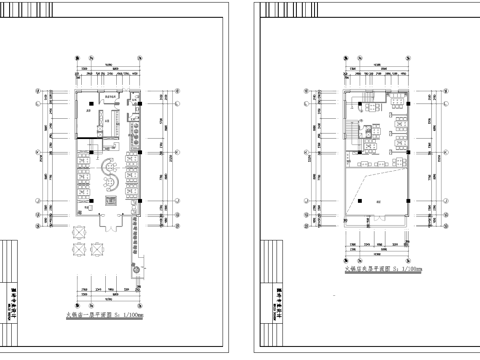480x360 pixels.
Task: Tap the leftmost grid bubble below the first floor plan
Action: click(69, 296)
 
